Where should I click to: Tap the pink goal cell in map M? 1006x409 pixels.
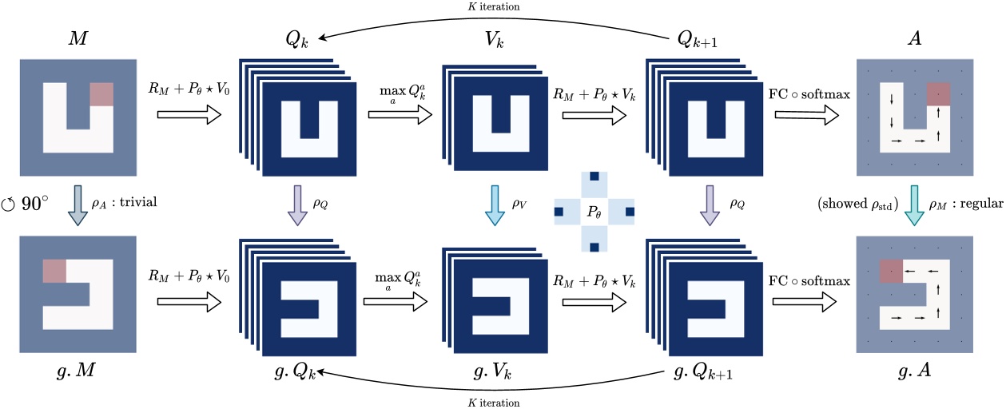pos(101,94)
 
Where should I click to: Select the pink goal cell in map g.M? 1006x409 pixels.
pos(54,271)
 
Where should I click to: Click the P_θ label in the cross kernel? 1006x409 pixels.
pos(593,212)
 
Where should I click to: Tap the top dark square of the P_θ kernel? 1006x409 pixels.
pos(593,177)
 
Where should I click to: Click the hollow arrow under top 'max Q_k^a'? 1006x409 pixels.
pos(398,115)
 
